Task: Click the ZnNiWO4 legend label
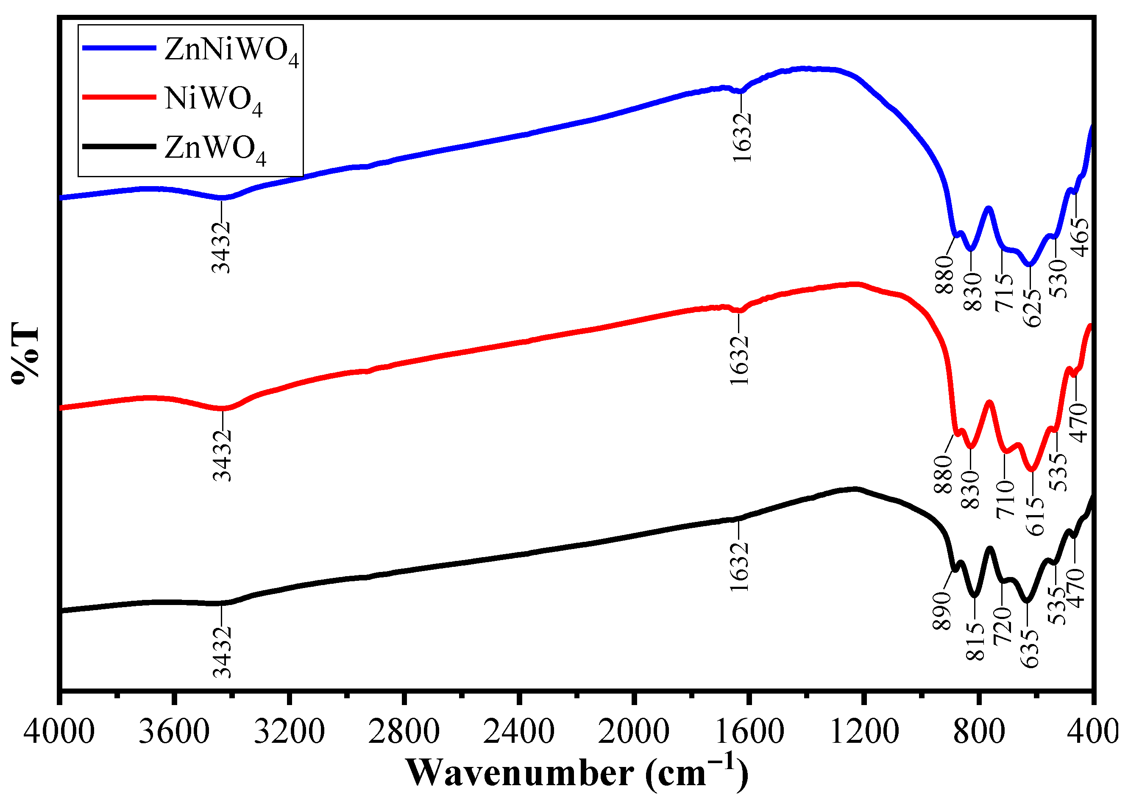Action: pyautogui.click(x=231, y=51)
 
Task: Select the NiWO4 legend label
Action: pyautogui.click(x=213, y=100)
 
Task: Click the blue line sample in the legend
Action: pyautogui.click(x=119, y=48)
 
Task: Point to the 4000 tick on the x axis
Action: pyautogui.click(x=59, y=732)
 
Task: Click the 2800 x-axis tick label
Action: pyautogui.click(x=404, y=732)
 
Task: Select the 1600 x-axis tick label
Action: pyautogui.click(x=749, y=732)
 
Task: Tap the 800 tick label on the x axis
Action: pyautogui.click(x=979, y=732)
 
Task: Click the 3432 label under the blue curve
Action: pyautogui.click(x=221, y=247)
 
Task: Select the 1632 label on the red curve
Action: pyautogui.click(x=739, y=360)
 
